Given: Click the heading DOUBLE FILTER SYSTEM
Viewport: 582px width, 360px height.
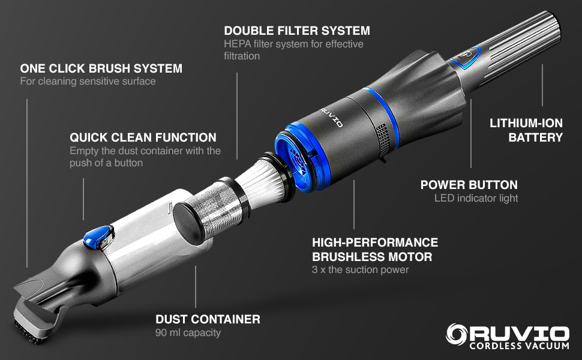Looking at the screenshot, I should click(296, 30).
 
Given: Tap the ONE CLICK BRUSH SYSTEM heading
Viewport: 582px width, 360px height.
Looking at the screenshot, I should click(101, 68).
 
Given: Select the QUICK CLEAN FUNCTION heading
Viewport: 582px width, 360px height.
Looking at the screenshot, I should click(143, 137).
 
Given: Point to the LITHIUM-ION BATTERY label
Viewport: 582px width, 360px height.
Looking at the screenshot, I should click(526, 130).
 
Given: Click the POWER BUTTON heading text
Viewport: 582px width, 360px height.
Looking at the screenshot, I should click(469, 185).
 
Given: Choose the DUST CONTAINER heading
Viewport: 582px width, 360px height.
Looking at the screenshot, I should click(208, 319).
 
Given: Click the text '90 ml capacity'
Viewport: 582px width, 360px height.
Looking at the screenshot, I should click(188, 332).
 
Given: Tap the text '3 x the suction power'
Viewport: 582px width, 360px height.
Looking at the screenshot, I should click(360, 269).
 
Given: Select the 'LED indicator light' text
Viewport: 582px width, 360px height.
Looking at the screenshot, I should click(476, 198).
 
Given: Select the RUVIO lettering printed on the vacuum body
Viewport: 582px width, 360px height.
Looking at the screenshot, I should click(332, 117).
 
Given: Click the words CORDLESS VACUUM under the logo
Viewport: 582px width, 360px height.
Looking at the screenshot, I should click(520, 347).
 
